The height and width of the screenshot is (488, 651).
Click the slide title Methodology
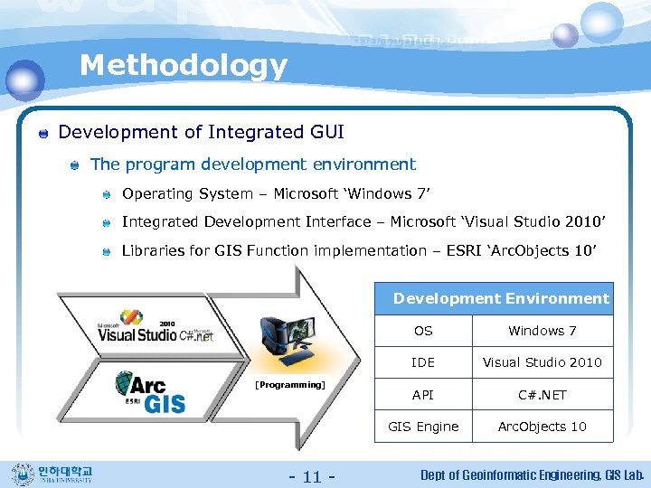point(184,65)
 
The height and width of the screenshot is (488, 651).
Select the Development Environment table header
point(501,298)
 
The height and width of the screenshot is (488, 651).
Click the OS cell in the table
point(423,331)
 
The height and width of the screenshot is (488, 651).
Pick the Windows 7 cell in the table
point(542,331)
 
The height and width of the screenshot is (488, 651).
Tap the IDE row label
point(423,362)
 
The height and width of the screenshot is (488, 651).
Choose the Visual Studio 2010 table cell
point(542,362)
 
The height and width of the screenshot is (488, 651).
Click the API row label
point(423,395)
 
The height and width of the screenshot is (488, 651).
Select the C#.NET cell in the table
point(542,395)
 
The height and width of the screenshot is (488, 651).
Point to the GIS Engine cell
point(423,427)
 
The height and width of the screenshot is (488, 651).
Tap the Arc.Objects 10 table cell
point(542,427)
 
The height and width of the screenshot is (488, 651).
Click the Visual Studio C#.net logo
point(156,326)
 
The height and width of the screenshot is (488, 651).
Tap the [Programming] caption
point(289,384)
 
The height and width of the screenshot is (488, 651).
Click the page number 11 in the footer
point(311,476)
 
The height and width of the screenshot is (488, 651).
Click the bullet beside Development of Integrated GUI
point(42,134)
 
